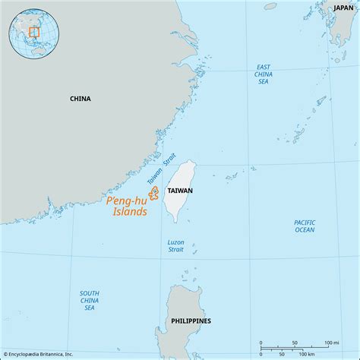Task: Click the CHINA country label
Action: click(80, 99)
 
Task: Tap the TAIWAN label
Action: click(180, 191)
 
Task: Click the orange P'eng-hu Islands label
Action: click(127, 207)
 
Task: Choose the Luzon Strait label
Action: click(175, 246)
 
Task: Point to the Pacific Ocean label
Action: click(305, 226)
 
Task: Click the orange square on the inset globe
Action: click(33, 32)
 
